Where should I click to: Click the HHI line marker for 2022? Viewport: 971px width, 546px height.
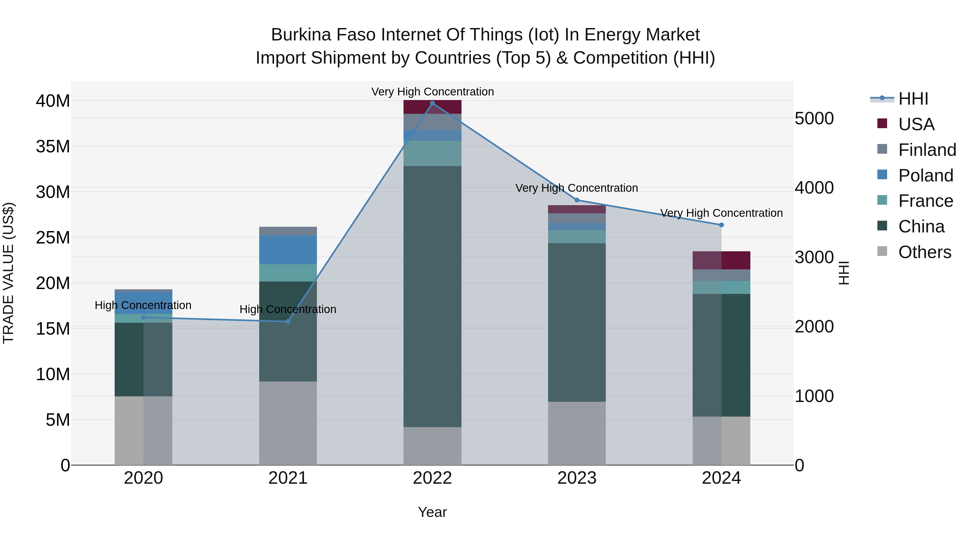pos(432,103)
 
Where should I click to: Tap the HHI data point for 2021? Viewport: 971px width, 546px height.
pos(288,321)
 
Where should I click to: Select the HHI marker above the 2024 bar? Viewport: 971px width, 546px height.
pos(722,225)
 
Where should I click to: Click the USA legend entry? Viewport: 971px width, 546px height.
pos(916,124)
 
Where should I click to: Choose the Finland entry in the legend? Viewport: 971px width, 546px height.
pos(927,150)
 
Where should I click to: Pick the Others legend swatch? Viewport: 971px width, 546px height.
pos(883,251)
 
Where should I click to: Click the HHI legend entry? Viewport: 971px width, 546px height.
pos(912,99)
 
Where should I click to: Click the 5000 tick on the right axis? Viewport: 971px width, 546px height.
pos(814,118)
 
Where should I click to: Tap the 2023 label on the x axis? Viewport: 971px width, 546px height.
pos(577,478)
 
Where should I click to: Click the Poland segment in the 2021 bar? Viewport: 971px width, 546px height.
pos(288,250)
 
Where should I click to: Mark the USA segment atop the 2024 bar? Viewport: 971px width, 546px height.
pos(722,260)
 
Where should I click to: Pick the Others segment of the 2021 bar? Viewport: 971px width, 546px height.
pos(288,423)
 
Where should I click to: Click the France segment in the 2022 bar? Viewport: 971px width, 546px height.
pos(432,153)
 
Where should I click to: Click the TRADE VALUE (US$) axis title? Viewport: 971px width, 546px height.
pos(8,273)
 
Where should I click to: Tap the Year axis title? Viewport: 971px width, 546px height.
pos(432,512)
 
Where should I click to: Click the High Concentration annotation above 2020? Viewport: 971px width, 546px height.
pos(143,305)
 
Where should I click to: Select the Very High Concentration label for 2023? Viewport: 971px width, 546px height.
pos(577,188)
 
